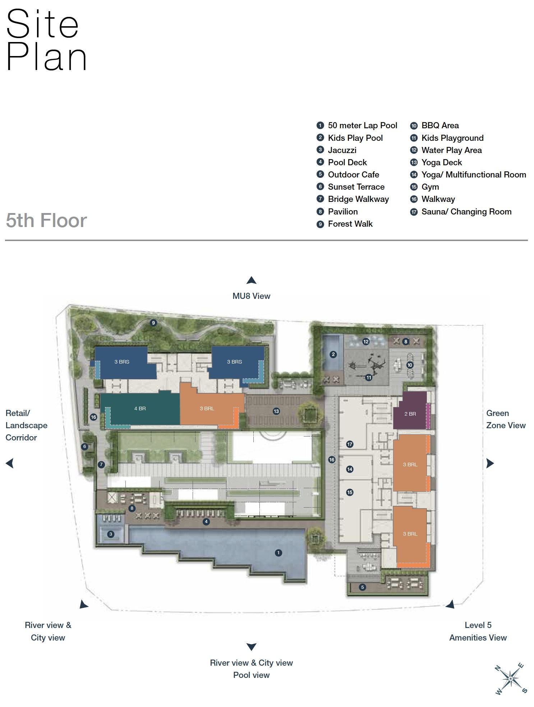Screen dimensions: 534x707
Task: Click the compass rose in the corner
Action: [511, 679]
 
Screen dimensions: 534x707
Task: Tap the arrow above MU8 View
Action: [251, 280]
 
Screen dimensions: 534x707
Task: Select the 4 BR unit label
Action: [140, 408]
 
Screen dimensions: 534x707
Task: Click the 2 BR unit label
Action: [410, 414]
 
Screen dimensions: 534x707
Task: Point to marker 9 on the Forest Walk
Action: [153, 323]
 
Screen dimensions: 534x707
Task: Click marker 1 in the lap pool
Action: [278, 553]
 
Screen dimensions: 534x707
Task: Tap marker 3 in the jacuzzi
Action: [111, 534]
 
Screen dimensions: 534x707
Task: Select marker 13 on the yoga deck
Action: [276, 411]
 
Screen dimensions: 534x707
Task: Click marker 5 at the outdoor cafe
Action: [363, 587]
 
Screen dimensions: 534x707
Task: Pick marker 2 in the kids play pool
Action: [333, 355]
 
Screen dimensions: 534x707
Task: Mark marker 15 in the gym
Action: [350, 493]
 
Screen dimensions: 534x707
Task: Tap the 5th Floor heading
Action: [46, 220]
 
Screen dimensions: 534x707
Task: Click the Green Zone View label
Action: [506, 419]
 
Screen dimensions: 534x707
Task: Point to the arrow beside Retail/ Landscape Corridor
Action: [10, 463]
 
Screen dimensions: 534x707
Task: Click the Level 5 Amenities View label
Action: [478, 631]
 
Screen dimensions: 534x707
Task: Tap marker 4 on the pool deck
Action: [206, 522]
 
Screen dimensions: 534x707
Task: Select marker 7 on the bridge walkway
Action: [101, 465]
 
